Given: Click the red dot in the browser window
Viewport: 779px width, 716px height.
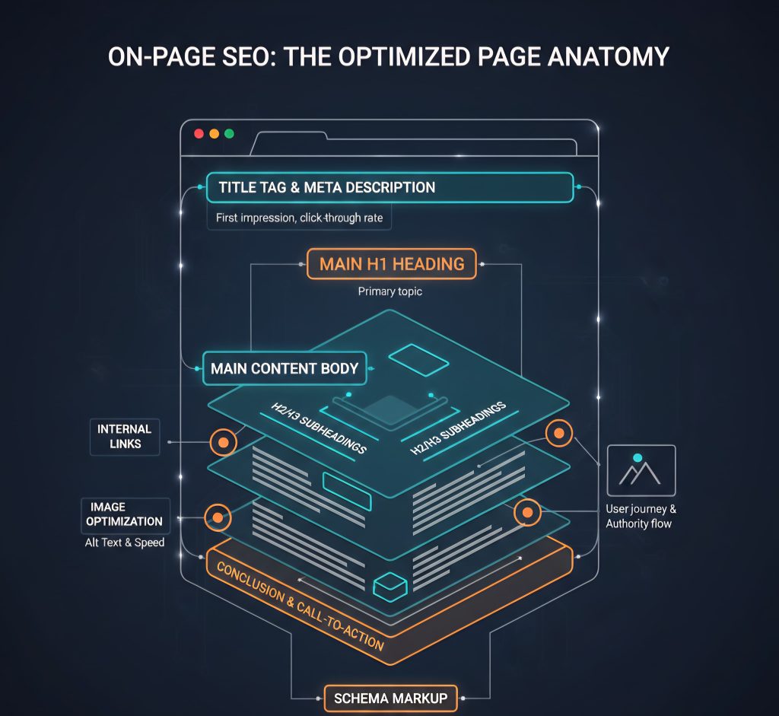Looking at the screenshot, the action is [199, 134].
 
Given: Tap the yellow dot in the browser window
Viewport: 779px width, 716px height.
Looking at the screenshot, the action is [214, 134].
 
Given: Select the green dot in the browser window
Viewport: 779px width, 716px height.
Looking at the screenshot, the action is [229, 134].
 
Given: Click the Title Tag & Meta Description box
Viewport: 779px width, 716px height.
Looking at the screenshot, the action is [390, 187].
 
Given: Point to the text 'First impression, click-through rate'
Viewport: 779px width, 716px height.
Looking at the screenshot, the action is [300, 218].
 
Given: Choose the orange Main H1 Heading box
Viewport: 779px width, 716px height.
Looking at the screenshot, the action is [392, 264].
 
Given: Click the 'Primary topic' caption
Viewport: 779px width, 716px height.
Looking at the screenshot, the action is [390, 291].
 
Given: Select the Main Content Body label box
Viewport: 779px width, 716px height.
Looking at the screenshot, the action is [285, 369].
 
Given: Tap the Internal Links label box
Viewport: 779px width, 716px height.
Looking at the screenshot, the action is [125, 437].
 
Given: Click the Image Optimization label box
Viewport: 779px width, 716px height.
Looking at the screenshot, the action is [126, 515].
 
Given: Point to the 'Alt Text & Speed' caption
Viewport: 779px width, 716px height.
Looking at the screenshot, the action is [125, 543].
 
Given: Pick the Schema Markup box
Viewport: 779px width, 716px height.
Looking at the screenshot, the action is [390, 698].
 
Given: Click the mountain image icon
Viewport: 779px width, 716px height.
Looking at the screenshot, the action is [641, 470].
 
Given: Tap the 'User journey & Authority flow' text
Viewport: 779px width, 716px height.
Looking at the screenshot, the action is [641, 516].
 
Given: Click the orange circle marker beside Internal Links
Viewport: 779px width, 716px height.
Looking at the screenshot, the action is [223, 442].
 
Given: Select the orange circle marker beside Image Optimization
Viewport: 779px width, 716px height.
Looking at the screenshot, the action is [218, 517].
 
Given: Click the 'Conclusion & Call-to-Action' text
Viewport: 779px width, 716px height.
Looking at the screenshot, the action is [300, 606].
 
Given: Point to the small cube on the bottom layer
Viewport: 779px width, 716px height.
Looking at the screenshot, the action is [390, 587].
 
